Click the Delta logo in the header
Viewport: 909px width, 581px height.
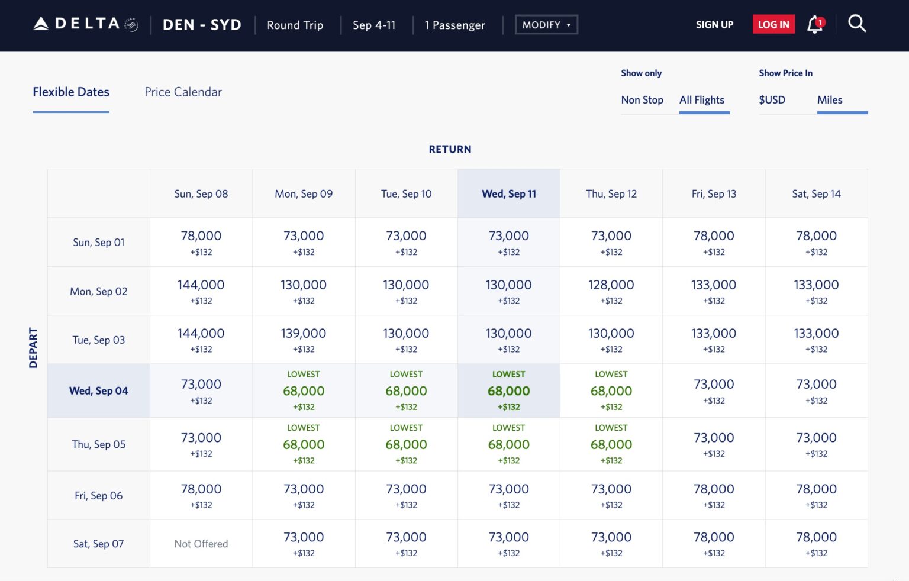pos(85,24)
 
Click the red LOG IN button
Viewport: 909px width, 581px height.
pos(773,24)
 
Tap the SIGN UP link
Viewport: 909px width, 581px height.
pos(714,24)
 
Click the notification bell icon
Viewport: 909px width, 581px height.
pos(815,24)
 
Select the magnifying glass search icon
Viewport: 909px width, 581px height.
pos(856,24)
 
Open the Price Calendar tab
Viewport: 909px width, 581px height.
pos(183,92)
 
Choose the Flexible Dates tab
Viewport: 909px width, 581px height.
pos(71,92)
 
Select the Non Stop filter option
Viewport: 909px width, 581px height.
pos(642,100)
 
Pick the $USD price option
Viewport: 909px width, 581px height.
pos(772,100)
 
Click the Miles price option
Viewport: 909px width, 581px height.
pos(829,100)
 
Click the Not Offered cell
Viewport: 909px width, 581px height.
pos(201,544)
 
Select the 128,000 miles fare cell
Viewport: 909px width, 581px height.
pos(611,291)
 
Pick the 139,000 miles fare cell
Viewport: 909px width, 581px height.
pos(304,340)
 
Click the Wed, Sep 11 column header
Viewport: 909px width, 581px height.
pos(508,194)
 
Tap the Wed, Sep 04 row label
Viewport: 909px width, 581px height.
pos(98,391)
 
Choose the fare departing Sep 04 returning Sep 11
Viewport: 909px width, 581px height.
pos(508,391)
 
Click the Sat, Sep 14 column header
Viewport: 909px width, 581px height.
pos(816,194)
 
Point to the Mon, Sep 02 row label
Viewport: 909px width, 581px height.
pos(98,291)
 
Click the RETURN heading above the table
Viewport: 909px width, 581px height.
pos(450,150)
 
